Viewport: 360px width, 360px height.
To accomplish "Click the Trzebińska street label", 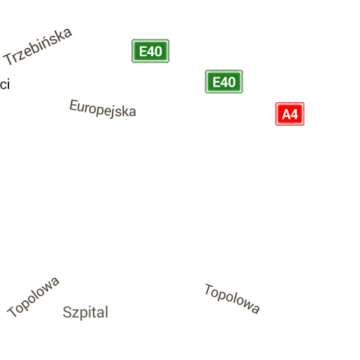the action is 37,46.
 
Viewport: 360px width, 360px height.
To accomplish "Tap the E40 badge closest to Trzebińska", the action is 150,51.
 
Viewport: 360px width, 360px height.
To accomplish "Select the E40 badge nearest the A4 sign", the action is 224,82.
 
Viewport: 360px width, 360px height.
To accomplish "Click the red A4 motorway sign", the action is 290,114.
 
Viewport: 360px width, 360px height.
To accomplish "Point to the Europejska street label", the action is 103,108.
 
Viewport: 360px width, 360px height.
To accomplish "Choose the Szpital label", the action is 86,312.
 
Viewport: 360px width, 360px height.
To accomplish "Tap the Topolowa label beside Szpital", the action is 33,297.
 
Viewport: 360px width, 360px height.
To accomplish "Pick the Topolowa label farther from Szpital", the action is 232,298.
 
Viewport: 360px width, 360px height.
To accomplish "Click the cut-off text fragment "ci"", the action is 5,84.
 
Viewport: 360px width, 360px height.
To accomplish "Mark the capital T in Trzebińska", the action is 9,59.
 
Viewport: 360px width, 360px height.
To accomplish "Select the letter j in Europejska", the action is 114,112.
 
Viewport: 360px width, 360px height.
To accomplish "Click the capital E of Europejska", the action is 74,105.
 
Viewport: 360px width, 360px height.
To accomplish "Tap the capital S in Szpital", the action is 67,312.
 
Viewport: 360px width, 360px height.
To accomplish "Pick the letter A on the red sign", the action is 286,115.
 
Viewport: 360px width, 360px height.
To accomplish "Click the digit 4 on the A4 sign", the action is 295,115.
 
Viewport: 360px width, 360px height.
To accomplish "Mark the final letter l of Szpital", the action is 107,311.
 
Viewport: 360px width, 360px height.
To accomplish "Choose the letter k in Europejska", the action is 126,110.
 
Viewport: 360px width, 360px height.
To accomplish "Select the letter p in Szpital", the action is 84,315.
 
